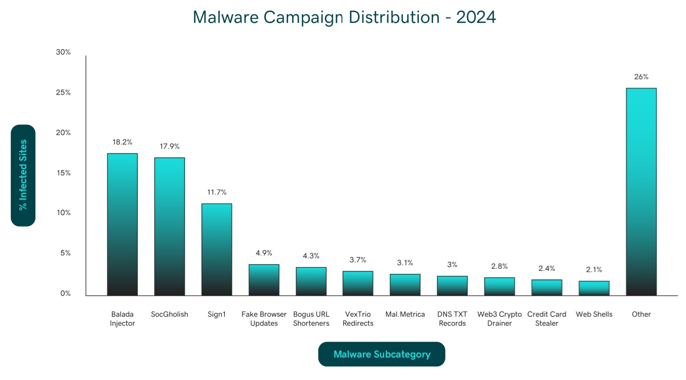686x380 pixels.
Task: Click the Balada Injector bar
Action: pos(122,224)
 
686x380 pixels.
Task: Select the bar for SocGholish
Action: pos(169,227)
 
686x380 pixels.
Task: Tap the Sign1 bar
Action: pos(216,249)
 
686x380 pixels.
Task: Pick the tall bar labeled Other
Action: pos(641,192)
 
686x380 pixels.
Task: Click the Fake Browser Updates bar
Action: pos(264,280)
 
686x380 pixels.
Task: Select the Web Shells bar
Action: pos(594,288)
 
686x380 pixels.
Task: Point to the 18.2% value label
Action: pos(122,142)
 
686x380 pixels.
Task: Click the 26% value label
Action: pos(641,77)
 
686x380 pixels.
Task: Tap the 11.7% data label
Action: pos(216,192)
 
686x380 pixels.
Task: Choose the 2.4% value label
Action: pos(547,268)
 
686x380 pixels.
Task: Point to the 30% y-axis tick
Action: pos(63,52)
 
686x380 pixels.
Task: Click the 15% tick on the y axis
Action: pos(63,173)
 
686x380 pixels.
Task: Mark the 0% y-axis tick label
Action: pos(65,294)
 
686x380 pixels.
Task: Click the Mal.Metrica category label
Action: pos(405,314)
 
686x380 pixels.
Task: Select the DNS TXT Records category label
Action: pos(452,319)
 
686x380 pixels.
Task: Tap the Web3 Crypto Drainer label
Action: pos(499,319)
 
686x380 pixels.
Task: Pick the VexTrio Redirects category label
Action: pos(358,319)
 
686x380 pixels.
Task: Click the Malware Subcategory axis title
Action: pos(382,354)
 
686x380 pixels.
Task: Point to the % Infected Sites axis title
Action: pos(23,175)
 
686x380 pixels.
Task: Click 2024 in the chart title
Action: pos(476,17)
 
